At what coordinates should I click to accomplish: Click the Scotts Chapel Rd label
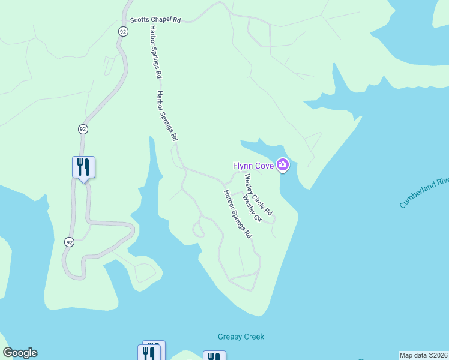(155, 19)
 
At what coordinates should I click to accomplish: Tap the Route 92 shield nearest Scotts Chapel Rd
(122, 31)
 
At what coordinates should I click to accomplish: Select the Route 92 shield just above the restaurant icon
(83, 129)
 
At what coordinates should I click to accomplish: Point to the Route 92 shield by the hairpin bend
(70, 242)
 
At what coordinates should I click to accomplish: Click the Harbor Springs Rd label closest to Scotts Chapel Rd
(155, 52)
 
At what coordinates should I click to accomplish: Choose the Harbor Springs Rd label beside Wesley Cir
(237, 214)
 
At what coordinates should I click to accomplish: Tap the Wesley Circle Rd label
(258, 195)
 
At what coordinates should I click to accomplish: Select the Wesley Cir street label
(252, 208)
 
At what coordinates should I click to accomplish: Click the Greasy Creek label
(241, 337)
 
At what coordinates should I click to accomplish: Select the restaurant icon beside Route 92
(83, 166)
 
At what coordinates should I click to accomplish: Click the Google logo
(20, 353)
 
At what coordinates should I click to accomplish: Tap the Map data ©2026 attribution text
(423, 355)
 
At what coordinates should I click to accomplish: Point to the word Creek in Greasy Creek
(253, 337)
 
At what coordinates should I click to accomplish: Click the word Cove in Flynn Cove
(263, 165)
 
